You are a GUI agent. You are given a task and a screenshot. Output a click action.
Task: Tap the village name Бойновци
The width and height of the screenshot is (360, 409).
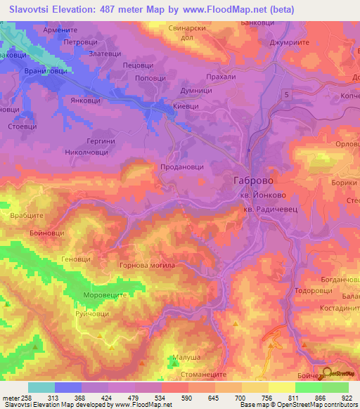(47, 232)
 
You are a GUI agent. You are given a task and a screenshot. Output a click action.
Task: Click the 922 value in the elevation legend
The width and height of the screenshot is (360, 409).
(347, 398)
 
